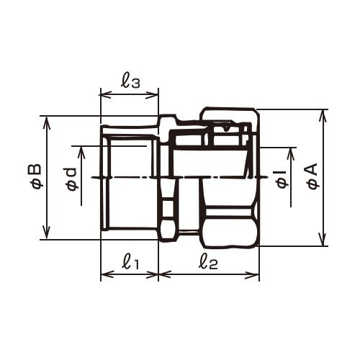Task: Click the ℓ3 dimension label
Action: (130, 81)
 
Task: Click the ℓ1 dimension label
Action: (130, 262)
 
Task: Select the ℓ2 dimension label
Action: (208, 262)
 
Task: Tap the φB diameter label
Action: (37, 176)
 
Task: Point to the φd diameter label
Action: (72, 179)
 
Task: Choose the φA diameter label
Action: (312, 176)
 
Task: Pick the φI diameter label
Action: (282, 179)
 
